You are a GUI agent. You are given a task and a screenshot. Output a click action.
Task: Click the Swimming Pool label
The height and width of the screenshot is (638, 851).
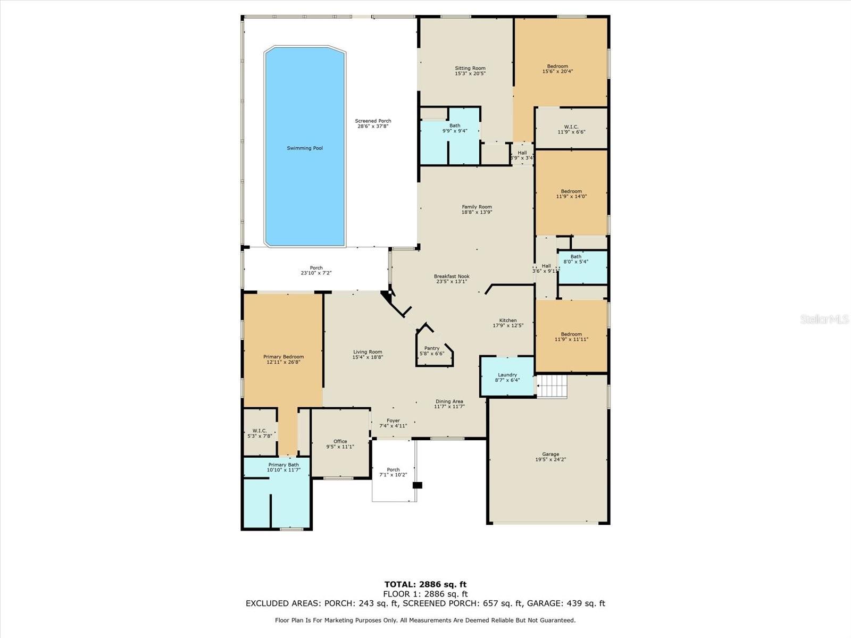pos(305,148)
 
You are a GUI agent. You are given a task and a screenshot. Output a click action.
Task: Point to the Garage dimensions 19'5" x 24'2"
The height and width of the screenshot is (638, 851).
pos(550,459)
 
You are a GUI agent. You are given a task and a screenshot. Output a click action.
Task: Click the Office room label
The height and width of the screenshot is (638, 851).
pos(340,441)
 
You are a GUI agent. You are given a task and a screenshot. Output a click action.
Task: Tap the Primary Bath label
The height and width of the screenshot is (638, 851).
pos(283,465)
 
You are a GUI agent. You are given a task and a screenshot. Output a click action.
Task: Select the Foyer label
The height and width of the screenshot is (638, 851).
pos(393,421)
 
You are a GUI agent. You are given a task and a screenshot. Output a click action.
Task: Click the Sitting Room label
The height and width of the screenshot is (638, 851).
pos(470,68)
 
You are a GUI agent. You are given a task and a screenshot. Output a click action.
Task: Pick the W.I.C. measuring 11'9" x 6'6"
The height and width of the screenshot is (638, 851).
pos(571,129)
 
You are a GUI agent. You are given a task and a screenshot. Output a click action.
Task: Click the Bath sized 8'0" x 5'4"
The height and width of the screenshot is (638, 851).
pos(576,259)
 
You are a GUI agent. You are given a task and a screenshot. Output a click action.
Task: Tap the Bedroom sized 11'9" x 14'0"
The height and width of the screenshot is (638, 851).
pos(571,194)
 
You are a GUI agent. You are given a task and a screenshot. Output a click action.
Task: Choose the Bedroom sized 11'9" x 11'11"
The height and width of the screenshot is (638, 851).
pos(571,337)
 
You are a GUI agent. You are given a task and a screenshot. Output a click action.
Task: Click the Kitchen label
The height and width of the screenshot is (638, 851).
pos(508,320)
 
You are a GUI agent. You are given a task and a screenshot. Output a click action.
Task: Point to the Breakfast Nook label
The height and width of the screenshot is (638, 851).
pos(452,276)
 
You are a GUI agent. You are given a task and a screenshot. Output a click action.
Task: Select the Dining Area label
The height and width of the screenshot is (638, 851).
pos(449,401)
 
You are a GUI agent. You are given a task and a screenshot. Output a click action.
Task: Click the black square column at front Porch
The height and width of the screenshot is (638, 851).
pos(418,485)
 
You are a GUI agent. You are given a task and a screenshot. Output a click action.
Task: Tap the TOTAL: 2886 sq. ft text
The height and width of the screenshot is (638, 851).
pos(425,584)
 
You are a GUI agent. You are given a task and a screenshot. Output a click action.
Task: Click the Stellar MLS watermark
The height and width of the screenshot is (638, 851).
pos(824,319)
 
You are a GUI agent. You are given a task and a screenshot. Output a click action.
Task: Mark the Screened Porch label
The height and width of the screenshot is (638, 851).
pos(373,121)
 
